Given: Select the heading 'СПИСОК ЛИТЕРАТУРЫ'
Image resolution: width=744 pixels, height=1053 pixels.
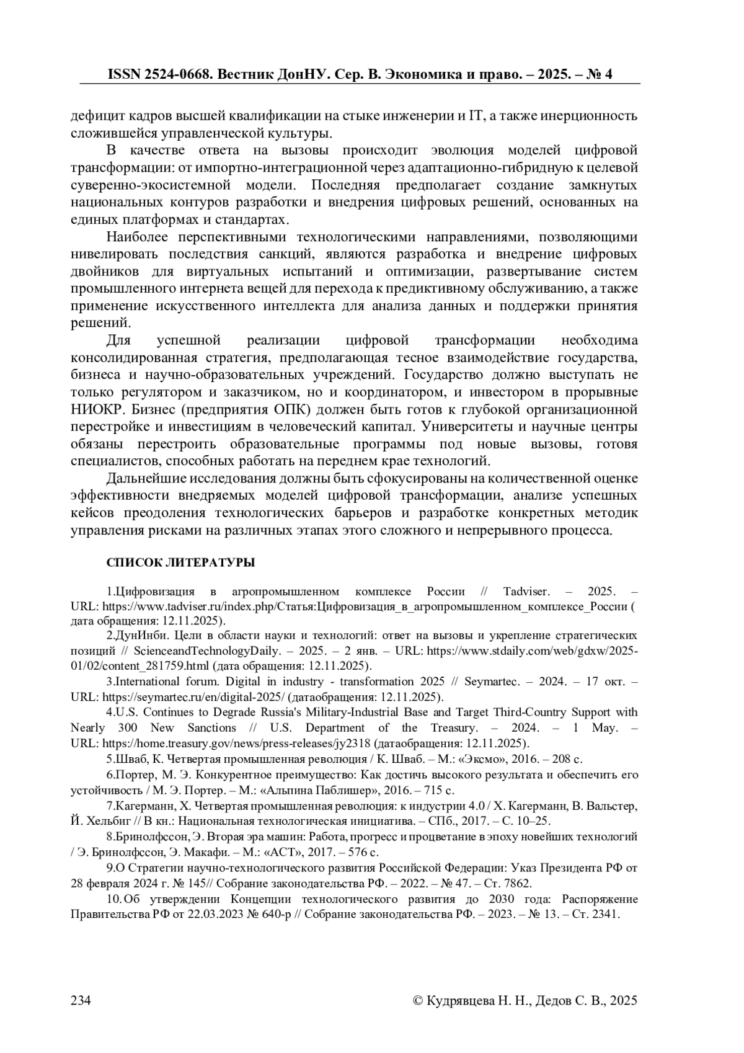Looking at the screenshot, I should pos(180,562).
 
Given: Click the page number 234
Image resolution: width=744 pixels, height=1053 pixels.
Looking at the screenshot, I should pos(81,1000).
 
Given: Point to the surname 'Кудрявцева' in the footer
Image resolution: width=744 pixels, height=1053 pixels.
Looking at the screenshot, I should pos(461,1000).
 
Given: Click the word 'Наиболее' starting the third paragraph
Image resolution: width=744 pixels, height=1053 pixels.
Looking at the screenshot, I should pos(138,237).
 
